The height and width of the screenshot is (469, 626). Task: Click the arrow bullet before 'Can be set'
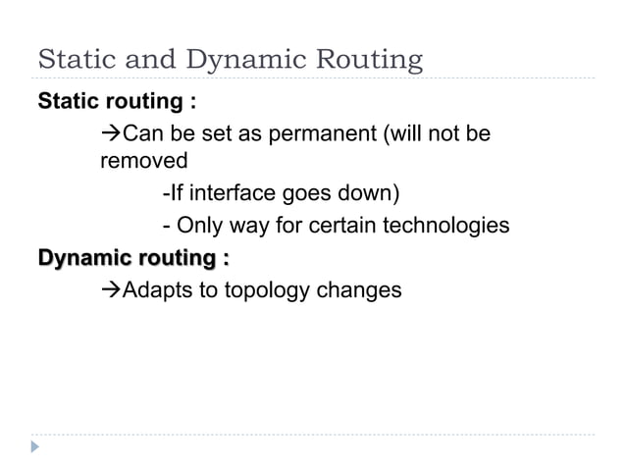click(x=110, y=132)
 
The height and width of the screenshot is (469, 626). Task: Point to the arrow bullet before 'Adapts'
click(x=110, y=290)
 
